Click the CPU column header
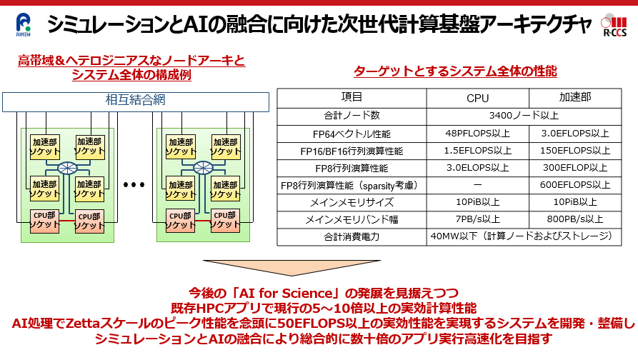(477, 97)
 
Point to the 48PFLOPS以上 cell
(477, 133)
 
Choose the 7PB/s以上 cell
(477, 219)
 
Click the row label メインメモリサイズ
(352, 202)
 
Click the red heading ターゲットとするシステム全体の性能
(455, 71)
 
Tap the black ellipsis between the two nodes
(134, 186)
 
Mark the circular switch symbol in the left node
(67, 169)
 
